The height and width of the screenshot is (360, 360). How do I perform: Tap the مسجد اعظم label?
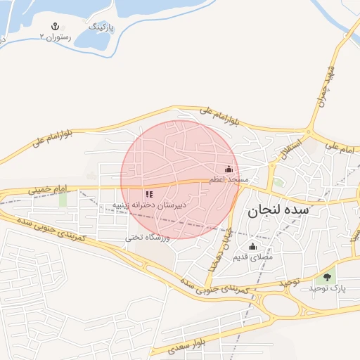pos(229,180)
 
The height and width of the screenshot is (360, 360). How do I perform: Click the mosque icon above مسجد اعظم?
pos(229,169)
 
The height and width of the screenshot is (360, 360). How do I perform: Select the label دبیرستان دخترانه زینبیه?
pos(150,205)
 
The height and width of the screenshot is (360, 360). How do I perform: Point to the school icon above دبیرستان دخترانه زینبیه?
pos(149,194)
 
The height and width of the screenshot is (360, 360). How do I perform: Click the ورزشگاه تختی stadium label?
pos(148,238)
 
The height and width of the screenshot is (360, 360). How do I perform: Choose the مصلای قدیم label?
pos(253,257)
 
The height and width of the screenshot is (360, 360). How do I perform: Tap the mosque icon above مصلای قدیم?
pos(253,247)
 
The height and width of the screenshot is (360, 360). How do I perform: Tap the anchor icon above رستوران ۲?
pos(51,27)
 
